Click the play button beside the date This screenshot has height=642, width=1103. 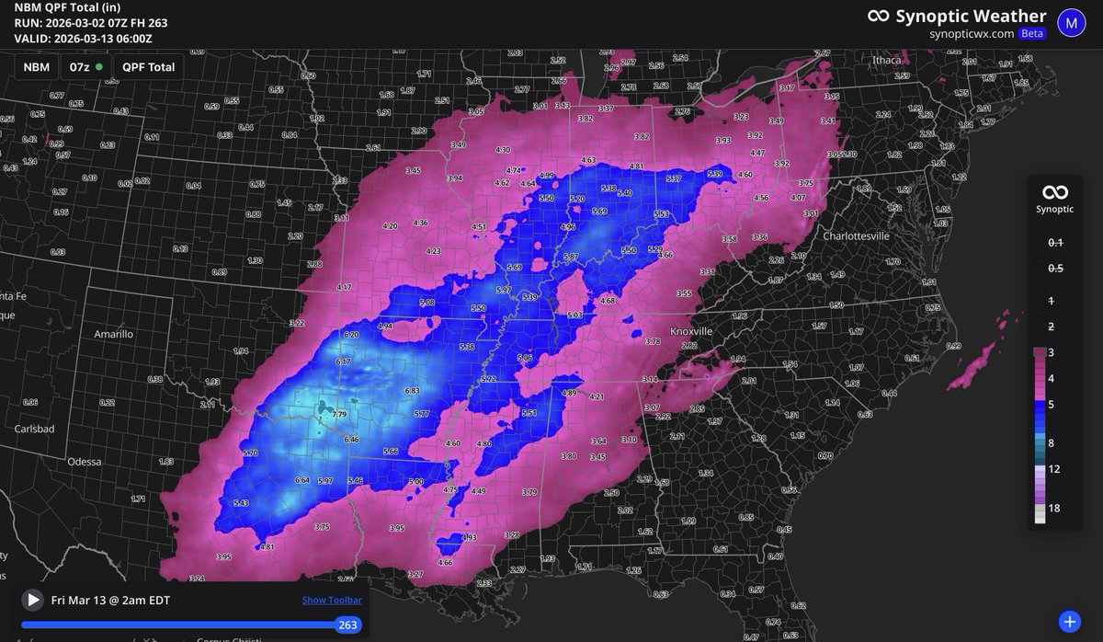[x=33, y=600]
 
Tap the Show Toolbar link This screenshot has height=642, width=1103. [x=332, y=601]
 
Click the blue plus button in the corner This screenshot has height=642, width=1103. [x=1068, y=621]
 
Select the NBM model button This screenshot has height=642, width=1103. [x=36, y=67]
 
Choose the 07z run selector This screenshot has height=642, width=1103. [x=85, y=67]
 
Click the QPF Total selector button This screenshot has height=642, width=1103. [x=148, y=67]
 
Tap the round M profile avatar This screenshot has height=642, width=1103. [x=1071, y=23]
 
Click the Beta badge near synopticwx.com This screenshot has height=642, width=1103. [x=1032, y=33]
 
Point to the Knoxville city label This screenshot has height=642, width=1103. [x=690, y=331]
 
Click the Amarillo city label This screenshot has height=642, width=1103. [x=114, y=334]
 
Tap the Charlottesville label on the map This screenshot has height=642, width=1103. [x=856, y=235]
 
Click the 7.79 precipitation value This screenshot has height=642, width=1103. [x=339, y=416]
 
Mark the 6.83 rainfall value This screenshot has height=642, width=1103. [x=412, y=391]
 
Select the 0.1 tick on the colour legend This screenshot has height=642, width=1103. [x=1056, y=243]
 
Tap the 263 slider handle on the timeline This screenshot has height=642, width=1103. [x=347, y=625]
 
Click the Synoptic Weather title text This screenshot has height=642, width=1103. [x=970, y=16]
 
